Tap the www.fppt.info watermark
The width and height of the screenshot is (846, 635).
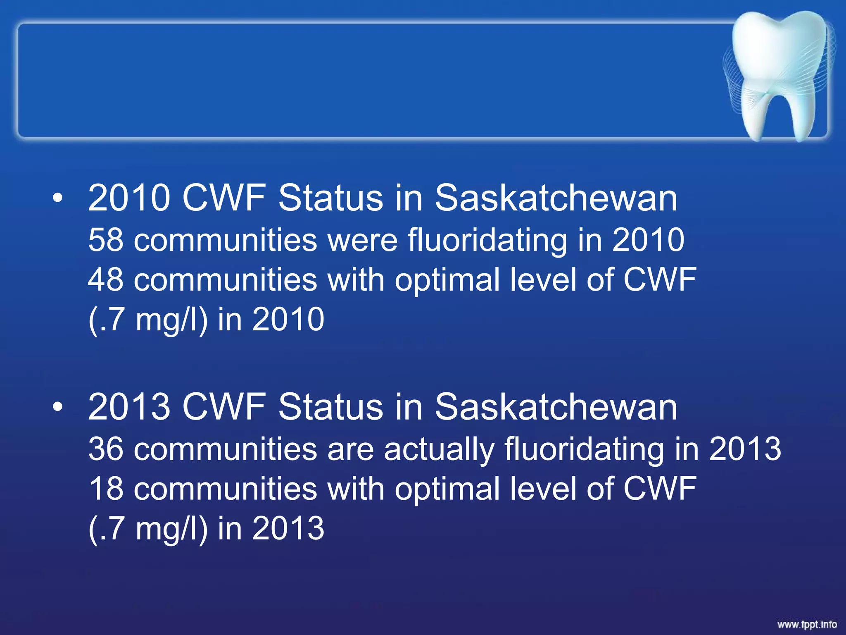point(807,624)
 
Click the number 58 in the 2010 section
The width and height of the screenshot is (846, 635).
point(106,240)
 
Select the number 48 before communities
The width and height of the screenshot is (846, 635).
point(106,280)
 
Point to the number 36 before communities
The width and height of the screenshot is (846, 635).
point(106,449)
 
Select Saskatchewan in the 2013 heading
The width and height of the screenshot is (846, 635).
point(556,407)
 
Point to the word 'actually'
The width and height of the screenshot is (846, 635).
point(439,450)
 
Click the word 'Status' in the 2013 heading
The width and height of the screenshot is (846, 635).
point(330,407)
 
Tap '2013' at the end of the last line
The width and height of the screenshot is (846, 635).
point(288,529)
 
